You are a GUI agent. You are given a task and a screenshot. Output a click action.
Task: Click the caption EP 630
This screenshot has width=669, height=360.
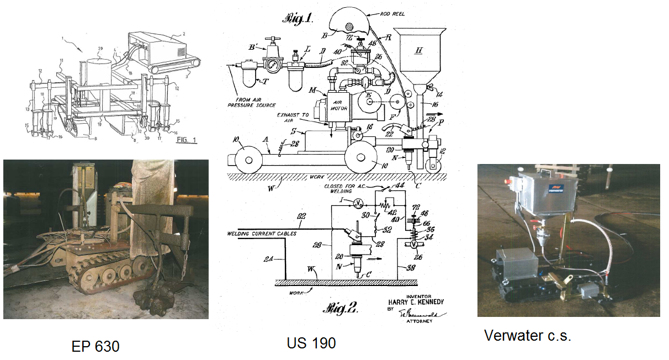pyautogui.click(x=95, y=346)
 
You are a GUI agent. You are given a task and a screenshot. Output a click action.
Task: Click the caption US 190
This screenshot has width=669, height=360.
pyautogui.click(x=311, y=343)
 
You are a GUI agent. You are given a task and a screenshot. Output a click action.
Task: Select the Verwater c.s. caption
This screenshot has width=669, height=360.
pyautogui.click(x=527, y=335)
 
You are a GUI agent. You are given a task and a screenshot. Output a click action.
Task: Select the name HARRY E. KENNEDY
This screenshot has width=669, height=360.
pyautogui.click(x=415, y=302)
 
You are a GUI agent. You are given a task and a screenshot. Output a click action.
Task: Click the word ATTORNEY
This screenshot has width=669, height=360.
pyautogui.click(x=420, y=321)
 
